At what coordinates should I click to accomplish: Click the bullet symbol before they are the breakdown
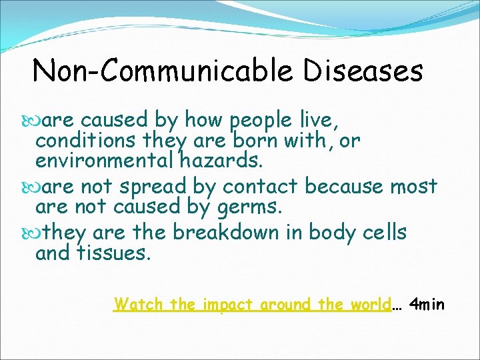pyautogui.click(x=27, y=233)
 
